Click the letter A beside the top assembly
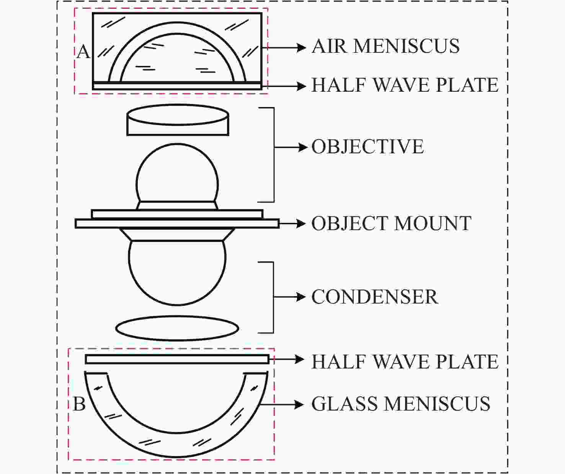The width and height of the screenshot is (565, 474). [x=83, y=52]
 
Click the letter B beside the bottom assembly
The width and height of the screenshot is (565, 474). [x=79, y=404]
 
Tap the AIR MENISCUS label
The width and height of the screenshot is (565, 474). [x=385, y=46]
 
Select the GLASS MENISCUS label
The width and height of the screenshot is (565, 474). [x=401, y=404]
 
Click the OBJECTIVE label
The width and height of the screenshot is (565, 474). [x=368, y=147]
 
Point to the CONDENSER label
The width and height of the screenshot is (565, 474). [x=375, y=297]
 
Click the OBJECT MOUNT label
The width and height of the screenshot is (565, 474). [x=391, y=224]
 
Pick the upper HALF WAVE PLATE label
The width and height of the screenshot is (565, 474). [x=405, y=85]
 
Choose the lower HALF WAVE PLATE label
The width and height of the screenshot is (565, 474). [x=405, y=362]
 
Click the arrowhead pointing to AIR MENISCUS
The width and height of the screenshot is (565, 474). [x=301, y=47]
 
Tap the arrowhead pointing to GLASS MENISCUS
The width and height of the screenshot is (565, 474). [x=299, y=404]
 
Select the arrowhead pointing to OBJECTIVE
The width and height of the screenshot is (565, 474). [x=303, y=147]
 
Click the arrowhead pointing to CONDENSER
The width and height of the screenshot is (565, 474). [x=301, y=297]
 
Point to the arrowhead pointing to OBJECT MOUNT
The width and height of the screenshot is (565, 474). [x=301, y=224]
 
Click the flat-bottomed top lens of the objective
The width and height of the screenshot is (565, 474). [x=178, y=120]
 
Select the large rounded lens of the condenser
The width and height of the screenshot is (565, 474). [x=177, y=273]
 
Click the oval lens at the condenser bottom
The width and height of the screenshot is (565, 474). [x=177, y=328]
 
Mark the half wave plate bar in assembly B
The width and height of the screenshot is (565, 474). [x=177, y=359]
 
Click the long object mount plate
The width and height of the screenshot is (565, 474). [x=177, y=224]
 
